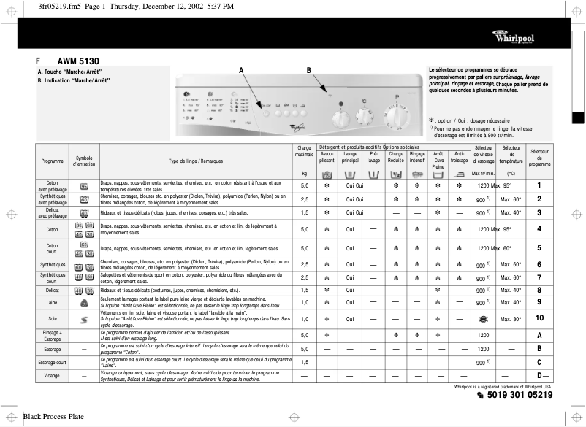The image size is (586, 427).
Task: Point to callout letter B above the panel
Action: (x=308, y=69)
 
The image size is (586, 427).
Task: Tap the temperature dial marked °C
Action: (x=363, y=116)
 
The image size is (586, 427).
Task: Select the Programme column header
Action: (x=52, y=161)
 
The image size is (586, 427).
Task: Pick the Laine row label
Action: (x=52, y=301)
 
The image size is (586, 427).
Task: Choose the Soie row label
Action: (x=52, y=319)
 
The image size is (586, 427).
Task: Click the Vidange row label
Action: (x=52, y=375)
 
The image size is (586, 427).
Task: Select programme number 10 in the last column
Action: (x=539, y=318)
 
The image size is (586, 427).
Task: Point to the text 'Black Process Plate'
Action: (x=53, y=417)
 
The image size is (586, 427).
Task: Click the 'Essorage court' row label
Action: (x=52, y=362)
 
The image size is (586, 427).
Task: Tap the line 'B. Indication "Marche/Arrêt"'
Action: (x=74, y=80)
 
